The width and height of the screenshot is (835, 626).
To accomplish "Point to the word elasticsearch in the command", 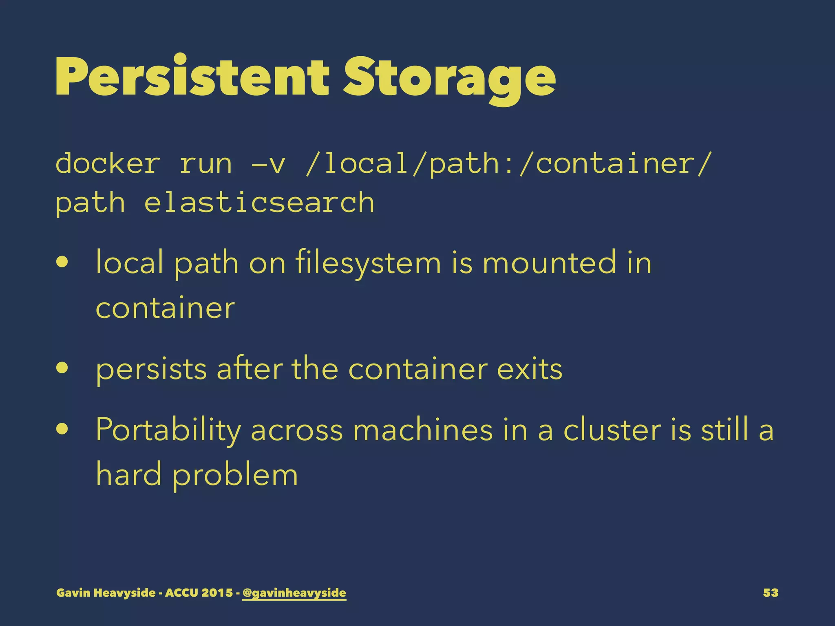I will (x=259, y=203).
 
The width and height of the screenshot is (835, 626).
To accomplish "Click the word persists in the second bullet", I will (x=151, y=369).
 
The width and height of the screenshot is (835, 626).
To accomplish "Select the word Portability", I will (x=168, y=430).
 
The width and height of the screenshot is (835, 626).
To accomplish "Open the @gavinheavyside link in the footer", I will (x=294, y=593).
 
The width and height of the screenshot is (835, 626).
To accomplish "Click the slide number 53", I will (x=770, y=593).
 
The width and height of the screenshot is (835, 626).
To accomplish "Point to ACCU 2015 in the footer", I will (x=199, y=593).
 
